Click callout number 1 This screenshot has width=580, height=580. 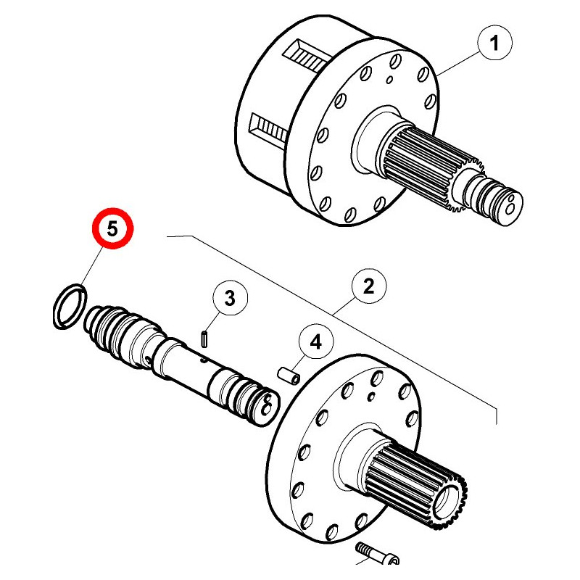[x=494, y=43]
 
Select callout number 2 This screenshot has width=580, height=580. [x=368, y=286]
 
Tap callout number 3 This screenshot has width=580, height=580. [x=230, y=298]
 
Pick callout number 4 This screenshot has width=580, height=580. [x=315, y=341]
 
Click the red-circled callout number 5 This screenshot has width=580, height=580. [x=112, y=228]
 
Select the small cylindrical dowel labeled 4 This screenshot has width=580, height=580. [x=289, y=376]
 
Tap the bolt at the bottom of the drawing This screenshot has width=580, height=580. [x=376, y=553]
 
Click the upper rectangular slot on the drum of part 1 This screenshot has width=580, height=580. [x=306, y=57]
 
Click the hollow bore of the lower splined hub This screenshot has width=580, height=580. [x=448, y=502]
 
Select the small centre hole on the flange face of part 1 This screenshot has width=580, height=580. [x=389, y=80]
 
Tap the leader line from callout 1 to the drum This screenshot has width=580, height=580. [x=457, y=64]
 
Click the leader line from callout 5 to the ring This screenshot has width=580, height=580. [x=91, y=267]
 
